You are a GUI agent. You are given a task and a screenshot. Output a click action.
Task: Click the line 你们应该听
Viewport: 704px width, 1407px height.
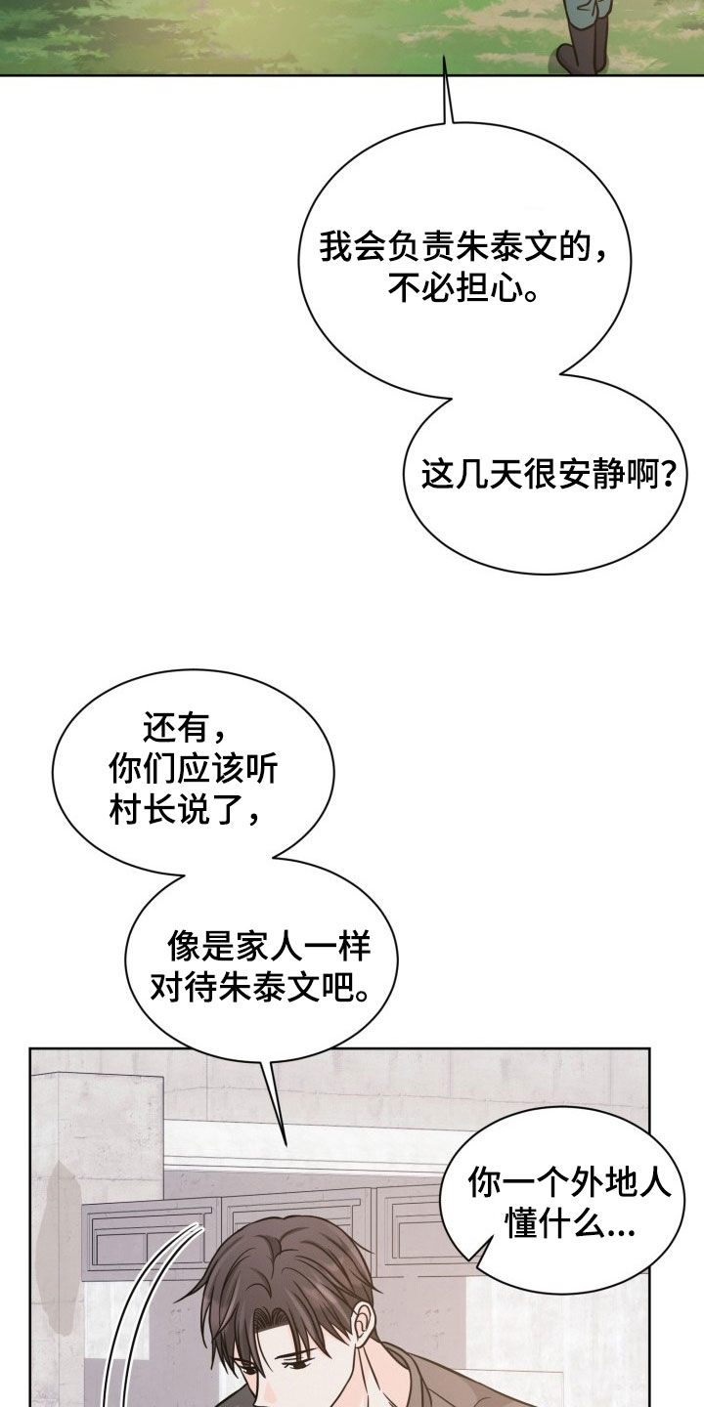193,768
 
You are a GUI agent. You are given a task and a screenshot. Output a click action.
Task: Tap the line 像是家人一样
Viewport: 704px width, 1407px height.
268,946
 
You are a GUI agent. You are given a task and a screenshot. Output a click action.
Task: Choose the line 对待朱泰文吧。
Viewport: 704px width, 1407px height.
260,987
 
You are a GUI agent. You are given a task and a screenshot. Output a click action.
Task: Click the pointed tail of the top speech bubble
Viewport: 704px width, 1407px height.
445,57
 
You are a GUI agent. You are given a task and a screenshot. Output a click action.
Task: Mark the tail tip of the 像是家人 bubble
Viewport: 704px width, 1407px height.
286,1144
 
